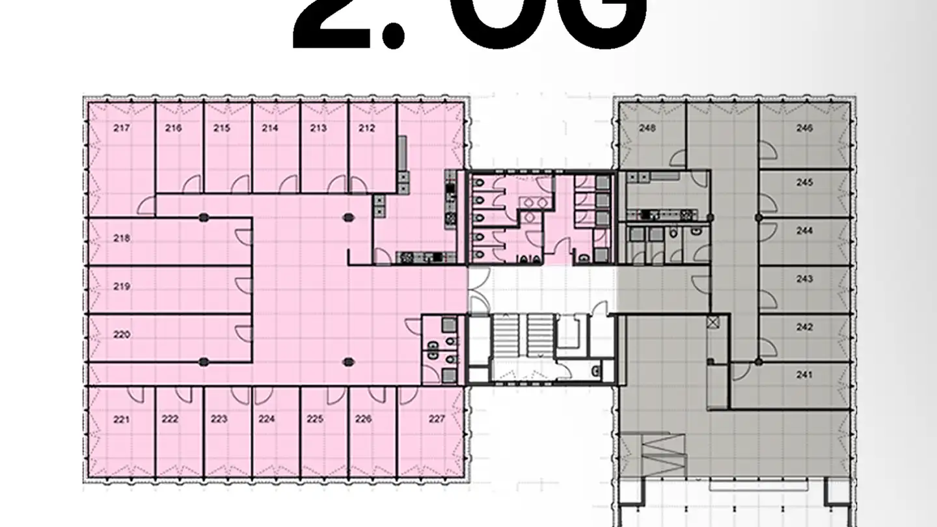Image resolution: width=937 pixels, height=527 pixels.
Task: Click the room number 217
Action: (x=121, y=128)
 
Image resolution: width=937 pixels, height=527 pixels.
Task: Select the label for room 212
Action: (x=366, y=128)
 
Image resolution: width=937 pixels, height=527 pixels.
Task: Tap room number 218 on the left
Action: (x=121, y=238)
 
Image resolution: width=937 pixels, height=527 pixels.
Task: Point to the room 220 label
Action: (x=121, y=334)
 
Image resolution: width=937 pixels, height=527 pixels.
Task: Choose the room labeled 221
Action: (x=121, y=419)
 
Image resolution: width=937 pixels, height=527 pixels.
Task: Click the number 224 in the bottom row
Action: (x=267, y=419)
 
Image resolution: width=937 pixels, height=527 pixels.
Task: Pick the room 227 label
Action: (x=437, y=419)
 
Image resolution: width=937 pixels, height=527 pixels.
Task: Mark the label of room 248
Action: (x=647, y=128)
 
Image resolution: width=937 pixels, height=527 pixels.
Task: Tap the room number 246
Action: (x=804, y=128)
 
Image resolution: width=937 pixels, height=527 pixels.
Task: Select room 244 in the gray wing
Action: (x=804, y=230)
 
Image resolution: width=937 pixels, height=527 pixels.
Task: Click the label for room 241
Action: (x=804, y=375)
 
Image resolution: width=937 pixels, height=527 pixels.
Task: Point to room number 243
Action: (x=804, y=278)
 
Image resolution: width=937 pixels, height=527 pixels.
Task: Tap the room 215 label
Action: (x=221, y=128)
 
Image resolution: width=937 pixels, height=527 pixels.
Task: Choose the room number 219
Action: (x=121, y=286)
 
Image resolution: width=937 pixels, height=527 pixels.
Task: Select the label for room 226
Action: (x=364, y=419)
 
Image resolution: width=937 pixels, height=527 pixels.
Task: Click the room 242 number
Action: (x=804, y=327)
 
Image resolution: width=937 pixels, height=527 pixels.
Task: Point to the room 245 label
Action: (x=804, y=183)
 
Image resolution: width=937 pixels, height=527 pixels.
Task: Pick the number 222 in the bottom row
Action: (x=170, y=419)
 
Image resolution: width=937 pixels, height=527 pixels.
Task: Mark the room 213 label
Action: (x=318, y=128)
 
